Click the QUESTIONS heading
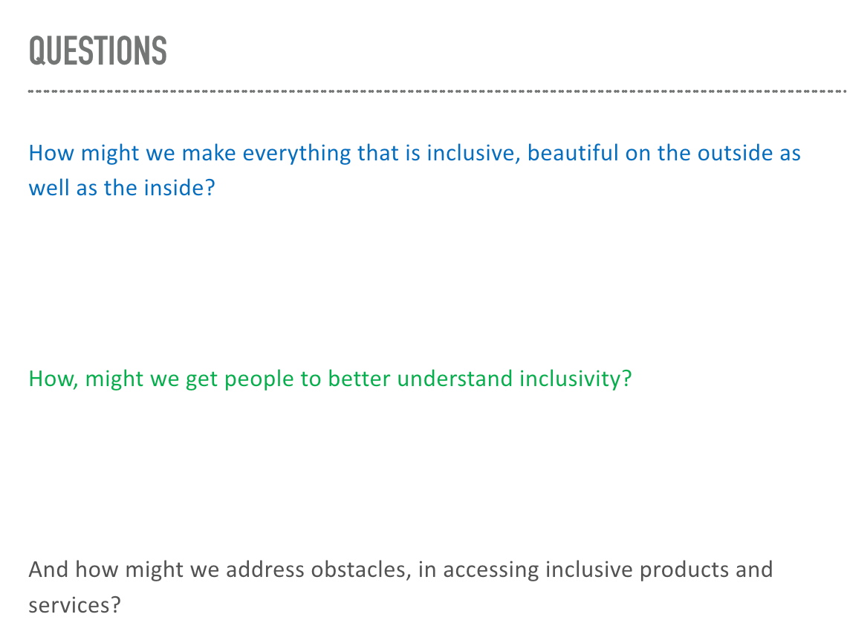pyautogui.click(x=98, y=51)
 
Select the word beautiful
pyautogui.click(x=573, y=153)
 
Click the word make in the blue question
pyautogui.click(x=209, y=153)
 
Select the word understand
pyautogui.click(x=455, y=379)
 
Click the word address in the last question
pyautogui.click(x=265, y=569)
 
